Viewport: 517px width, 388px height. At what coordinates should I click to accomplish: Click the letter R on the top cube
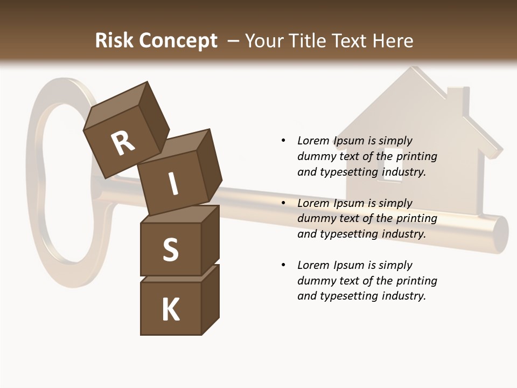point(123,143)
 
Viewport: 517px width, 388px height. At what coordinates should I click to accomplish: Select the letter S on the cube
point(170,250)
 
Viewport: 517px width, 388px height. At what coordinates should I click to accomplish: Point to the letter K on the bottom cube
point(171,310)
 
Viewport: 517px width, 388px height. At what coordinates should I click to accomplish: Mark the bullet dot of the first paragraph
point(283,141)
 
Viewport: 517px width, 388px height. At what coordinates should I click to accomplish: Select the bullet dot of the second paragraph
point(283,203)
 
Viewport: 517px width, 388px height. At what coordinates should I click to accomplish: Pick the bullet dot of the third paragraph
point(283,265)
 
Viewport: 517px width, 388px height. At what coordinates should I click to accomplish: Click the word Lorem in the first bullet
point(314,141)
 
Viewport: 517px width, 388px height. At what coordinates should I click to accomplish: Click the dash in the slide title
point(233,41)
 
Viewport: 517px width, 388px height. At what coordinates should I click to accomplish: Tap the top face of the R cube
point(116,105)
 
